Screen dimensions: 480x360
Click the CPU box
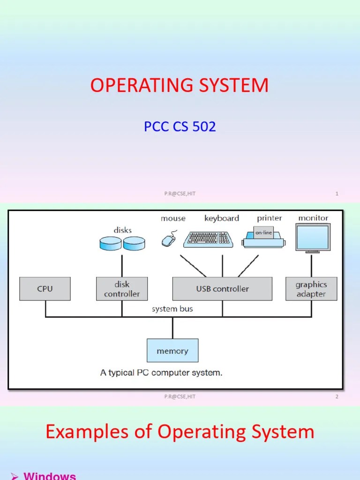(x=45, y=289)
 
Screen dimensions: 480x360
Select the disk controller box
(x=122, y=289)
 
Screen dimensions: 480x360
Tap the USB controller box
(x=222, y=289)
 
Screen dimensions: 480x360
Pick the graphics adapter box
(x=311, y=289)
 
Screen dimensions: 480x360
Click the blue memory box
(x=172, y=351)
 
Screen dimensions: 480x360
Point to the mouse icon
(x=169, y=240)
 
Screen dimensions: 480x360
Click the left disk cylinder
(x=111, y=243)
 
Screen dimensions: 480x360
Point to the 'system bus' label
(x=172, y=309)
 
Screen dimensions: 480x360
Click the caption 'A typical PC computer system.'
(x=161, y=373)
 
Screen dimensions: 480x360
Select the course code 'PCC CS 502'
(x=180, y=127)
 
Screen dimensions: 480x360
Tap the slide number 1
(x=337, y=194)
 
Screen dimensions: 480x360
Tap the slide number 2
(x=337, y=397)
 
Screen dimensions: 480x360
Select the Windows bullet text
(x=49, y=475)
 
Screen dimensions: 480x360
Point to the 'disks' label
(x=122, y=230)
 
